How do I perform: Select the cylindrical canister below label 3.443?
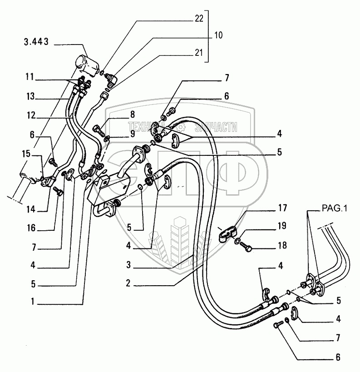[x=88, y=64]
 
